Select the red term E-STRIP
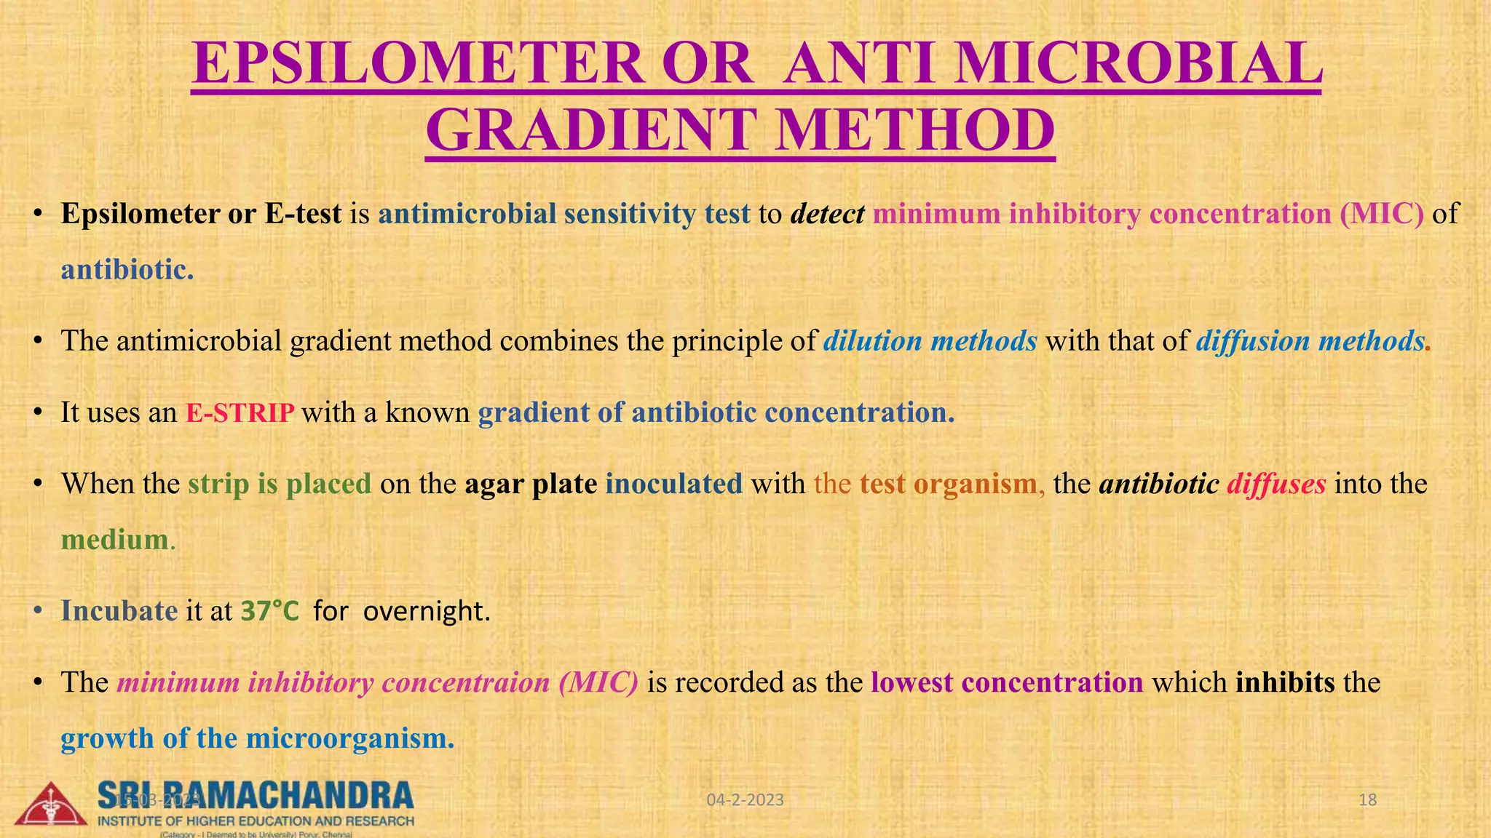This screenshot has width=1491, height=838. pos(240,413)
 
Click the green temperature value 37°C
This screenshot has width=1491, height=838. pos(269,611)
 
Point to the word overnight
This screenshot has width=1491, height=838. pos(426,611)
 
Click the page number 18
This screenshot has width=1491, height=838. pos(1368,800)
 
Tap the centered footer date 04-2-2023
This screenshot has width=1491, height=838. pos(745,800)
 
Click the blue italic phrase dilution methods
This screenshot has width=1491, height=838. pos(930,341)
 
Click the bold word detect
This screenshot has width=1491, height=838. pos(827,214)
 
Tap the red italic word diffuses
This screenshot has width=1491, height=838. pos(1276,484)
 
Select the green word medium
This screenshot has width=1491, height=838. pos(115,540)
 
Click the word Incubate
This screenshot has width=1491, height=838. pos(119,611)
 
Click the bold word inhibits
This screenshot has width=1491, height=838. pos(1285,683)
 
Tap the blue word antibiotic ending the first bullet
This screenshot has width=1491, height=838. pos(125,271)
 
